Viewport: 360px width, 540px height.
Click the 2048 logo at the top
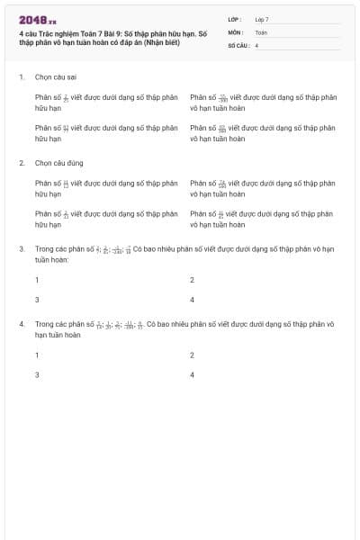click(37, 21)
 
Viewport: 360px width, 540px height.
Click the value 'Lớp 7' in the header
click(262, 19)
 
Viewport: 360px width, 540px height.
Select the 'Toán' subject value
click(261, 31)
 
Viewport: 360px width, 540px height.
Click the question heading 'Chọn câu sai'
click(55, 77)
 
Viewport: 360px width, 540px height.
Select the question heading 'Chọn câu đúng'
click(58, 163)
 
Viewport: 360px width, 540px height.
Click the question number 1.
click(21, 77)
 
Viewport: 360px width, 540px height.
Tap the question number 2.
click(21, 163)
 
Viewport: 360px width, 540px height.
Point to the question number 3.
click(21, 247)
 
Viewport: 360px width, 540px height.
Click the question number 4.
click(21, 322)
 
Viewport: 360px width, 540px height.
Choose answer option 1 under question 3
click(37, 280)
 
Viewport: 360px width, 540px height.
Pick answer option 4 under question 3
click(193, 300)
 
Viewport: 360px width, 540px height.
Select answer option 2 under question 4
click(193, 355)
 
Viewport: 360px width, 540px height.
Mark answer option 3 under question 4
click(37, 374)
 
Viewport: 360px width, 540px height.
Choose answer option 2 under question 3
click(193, 280)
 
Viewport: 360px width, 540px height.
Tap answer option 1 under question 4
click(37, 355)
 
